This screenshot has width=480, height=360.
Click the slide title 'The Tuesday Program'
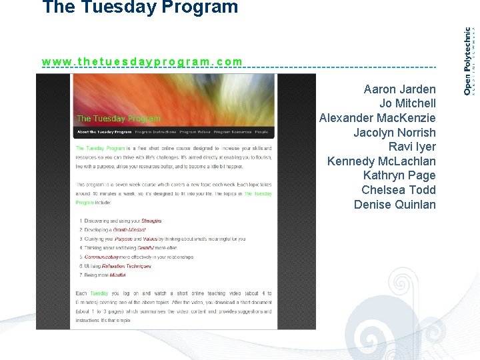[140, 8]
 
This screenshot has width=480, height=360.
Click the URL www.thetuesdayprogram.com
[142, 62]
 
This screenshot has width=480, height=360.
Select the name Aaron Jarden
[399, 89]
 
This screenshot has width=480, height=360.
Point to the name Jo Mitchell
[407, 103]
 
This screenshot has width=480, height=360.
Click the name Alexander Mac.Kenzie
[377, 118]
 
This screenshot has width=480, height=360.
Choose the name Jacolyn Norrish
[394, 133]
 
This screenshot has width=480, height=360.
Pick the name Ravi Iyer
[412, 147]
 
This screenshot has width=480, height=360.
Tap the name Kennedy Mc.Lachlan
[381, 161]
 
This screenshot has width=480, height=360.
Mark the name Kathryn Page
[399, 175]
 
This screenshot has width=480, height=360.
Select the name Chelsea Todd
[398, 190]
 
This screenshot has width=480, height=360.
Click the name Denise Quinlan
[395, 205]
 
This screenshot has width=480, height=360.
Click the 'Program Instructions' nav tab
[155, 132]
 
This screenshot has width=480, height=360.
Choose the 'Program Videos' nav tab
[195, 132]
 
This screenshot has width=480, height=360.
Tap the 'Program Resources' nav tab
[232, 132]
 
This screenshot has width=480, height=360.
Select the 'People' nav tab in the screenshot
[261, 132]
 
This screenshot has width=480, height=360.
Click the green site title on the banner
[119, 119]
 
